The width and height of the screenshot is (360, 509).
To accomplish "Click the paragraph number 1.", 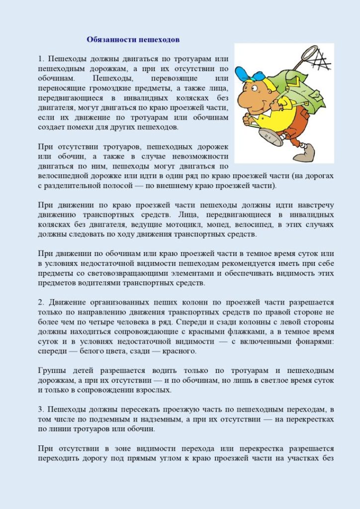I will [x=40, y=59].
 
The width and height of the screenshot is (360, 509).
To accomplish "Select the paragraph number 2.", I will [x=40, y=302].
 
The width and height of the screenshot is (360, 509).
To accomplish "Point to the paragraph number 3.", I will [x=40, y=409].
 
